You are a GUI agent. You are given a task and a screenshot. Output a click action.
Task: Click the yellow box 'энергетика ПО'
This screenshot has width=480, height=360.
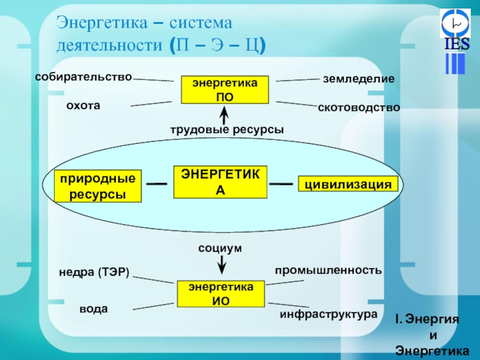click(x=225, y=90)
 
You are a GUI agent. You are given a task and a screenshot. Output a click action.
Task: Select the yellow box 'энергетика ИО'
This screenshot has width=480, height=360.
click(x=221, y=294)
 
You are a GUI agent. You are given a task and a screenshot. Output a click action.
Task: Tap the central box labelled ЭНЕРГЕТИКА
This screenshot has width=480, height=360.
click(x=220, y=182)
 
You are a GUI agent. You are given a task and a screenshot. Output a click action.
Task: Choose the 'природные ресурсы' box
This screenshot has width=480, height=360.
click(x=98, y=186)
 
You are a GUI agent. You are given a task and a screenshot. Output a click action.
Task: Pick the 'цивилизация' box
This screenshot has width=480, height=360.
click(x=348, y=184)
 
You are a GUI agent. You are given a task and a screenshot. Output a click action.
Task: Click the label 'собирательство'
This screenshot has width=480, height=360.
click(x=83, y=76)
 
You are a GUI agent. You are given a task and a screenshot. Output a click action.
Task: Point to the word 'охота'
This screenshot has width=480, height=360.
click(x=83, y=105)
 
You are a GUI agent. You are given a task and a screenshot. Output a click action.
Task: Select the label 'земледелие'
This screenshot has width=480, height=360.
click(x=358, y=79)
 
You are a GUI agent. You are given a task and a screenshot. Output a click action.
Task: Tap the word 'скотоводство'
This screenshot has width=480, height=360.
click(x=358, y=107)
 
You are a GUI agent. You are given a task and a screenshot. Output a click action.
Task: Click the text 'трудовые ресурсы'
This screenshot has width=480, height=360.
click(x=226, y=129)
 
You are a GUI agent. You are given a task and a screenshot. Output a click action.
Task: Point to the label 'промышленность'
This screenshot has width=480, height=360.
click(x=328, y=270)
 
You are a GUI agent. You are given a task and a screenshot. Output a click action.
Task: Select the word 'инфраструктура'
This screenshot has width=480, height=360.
click(x=328, y=314)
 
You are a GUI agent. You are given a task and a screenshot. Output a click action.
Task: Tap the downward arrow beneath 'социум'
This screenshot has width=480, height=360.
click(x=221, y=263)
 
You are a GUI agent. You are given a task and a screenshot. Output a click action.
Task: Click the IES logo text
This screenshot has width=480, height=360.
click(x=457, y=45)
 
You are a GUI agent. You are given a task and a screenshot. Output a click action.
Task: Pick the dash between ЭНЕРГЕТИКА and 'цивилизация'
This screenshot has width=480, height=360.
click(x=281, y=184)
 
